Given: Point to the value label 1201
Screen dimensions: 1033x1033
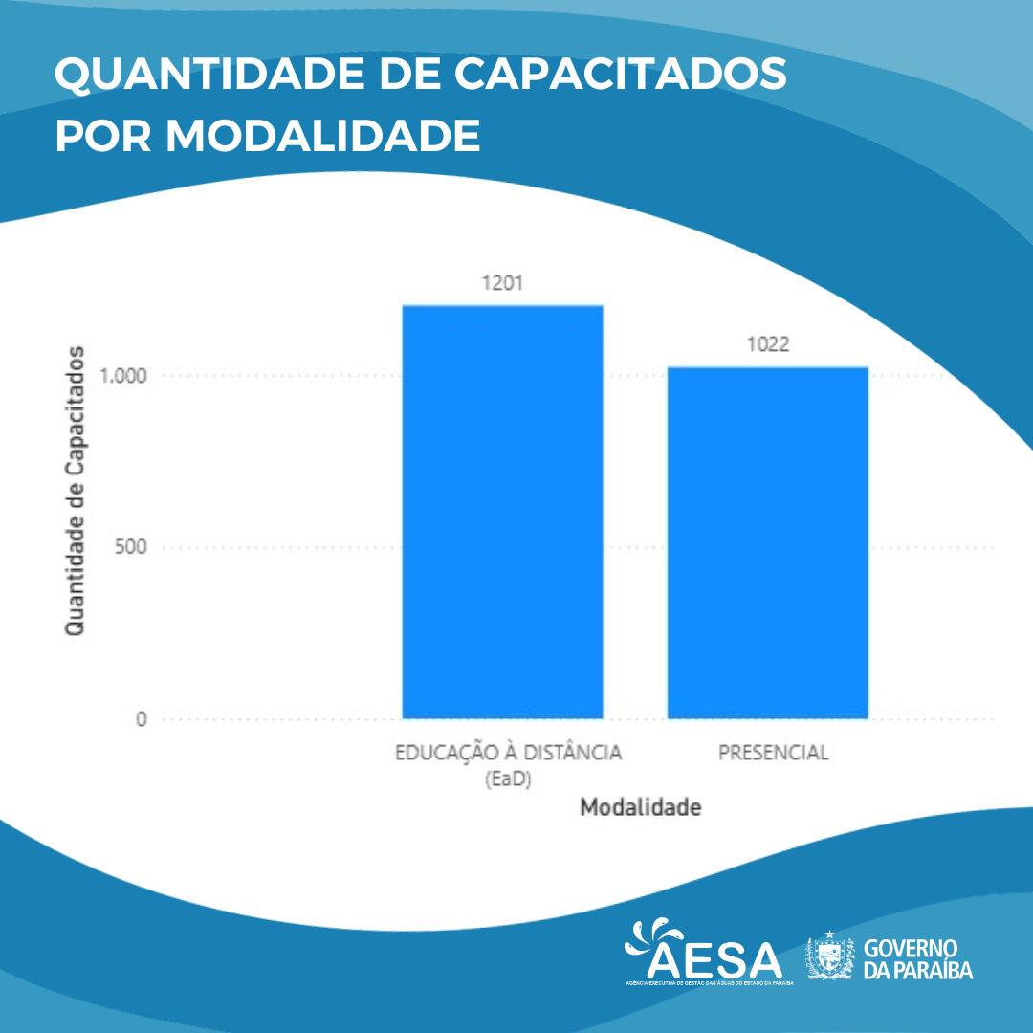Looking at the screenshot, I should click(x=502, y=284).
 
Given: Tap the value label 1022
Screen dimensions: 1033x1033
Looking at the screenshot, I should click(x=767, y=345).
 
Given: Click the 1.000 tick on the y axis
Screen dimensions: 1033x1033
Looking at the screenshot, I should click(x=122, y=375).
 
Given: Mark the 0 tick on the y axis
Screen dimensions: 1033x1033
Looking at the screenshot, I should click(x=141, y=719).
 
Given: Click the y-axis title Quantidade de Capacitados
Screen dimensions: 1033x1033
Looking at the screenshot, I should click(x=75, y=490).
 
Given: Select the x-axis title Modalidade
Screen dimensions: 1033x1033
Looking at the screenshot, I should click(x=641, y=807).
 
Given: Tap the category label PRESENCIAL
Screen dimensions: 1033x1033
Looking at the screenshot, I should click(x=773, y=753).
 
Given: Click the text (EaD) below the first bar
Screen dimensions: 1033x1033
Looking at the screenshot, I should click(x=508, y=780).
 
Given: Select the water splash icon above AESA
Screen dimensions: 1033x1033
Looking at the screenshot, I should click(x=651, y=935).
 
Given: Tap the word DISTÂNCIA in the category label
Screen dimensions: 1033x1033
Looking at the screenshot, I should click(x=572, y=753).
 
